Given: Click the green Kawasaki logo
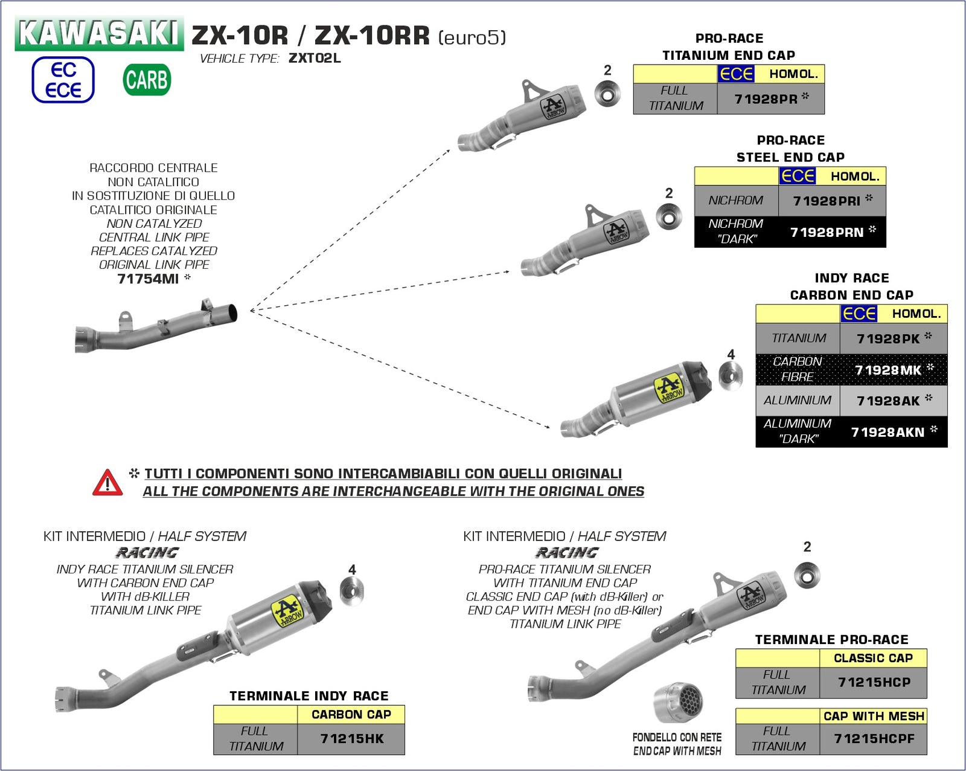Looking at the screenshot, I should [99, 33].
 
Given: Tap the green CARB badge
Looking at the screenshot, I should [147, 80].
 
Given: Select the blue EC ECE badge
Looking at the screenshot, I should [63, 80].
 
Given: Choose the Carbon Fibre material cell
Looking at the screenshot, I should [797, 369].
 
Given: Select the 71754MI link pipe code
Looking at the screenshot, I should [149, 279].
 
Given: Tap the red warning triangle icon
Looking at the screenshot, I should [107, 483].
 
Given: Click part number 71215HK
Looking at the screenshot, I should [351, 738].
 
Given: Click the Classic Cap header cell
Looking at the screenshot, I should [872, 658].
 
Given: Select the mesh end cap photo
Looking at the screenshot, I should [678, 703].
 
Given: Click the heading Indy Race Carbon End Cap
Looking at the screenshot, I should [851, 286].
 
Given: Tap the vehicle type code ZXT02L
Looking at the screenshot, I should [315, 59].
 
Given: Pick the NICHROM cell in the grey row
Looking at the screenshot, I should [735, 201].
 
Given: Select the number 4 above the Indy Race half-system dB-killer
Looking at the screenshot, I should [352, 570].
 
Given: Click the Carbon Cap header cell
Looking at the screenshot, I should [351, 714].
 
